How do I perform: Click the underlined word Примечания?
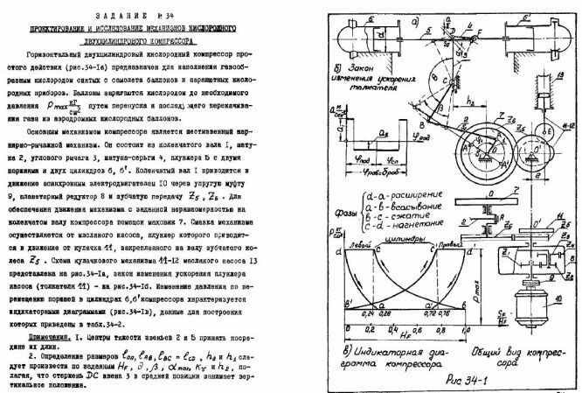pos(49,334)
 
